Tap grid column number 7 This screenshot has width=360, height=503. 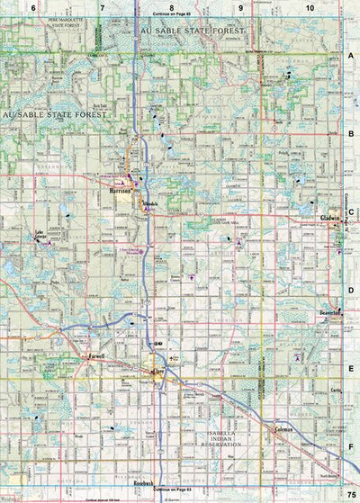pos(102,7)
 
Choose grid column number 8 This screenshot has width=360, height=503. pos(171,7)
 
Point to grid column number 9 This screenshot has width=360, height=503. pos(240,7)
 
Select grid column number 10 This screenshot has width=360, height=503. pos(310,7)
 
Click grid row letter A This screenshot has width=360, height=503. pos(352,55)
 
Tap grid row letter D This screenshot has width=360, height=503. pos(352,290)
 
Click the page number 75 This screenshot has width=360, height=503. pos(352,495)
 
